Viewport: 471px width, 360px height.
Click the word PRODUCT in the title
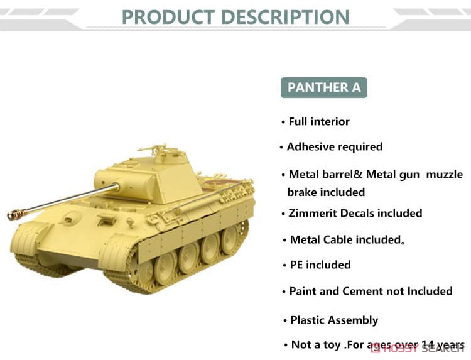pyautogui.click(x=168, y=17)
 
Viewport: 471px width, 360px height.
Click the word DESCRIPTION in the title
pyautogui.click(x=285, y=17)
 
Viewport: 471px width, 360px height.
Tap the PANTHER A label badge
pyautogui.click(x=324, y=87)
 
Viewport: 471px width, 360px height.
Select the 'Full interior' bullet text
pyautogui.click(x=319, y=122)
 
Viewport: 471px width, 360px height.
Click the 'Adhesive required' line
pyautogui.click(x=335, y=146)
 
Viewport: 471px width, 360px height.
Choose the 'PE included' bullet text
pyautogui.click(x=320, y=265)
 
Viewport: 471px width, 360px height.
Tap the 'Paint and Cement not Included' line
pyautogui.click(x=371, y=291)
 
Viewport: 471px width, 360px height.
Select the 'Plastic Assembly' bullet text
pyautogui.click(x=334, y=320)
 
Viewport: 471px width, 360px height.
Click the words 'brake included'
pyautogui.click(x=326, y=192)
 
